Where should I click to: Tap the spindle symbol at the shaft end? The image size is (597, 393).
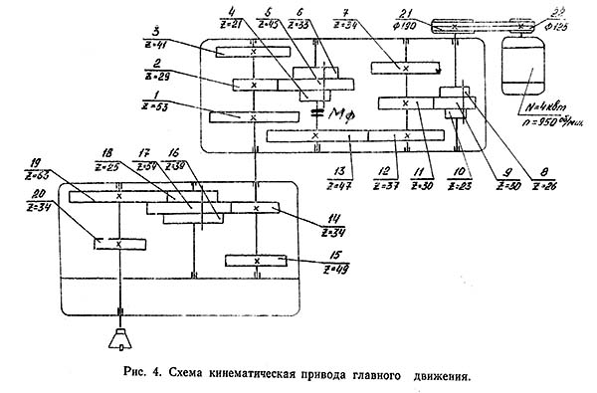(x=118, y=340)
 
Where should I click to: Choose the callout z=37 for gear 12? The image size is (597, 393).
(x=381, y=185)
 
